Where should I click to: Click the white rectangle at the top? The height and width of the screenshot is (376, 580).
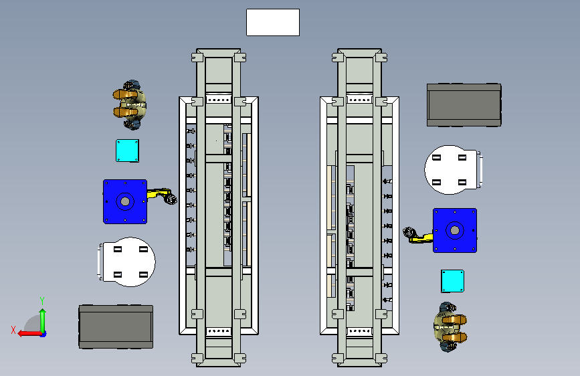273,23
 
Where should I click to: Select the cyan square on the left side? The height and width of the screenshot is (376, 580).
127,151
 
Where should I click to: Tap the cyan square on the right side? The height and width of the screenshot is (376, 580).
452,281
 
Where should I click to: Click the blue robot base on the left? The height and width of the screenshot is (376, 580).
125,201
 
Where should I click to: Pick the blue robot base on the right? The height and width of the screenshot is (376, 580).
455,231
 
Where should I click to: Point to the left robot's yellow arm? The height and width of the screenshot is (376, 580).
159,194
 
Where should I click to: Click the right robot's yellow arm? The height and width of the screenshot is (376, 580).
421,238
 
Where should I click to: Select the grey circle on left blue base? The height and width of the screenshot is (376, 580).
125,201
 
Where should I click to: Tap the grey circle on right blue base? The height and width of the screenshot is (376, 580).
455,231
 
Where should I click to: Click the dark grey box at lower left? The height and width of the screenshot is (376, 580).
116,326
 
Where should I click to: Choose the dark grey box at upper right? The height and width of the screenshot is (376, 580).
464,105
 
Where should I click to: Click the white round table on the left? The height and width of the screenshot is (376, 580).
127,262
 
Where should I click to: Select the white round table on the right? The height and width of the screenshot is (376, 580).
453,170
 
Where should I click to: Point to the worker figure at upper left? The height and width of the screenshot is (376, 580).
130,105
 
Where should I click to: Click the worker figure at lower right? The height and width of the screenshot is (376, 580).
450,327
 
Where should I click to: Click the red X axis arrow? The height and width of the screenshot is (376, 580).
29,334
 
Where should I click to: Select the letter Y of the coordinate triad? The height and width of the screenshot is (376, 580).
42,300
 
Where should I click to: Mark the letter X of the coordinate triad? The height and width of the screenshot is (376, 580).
13,330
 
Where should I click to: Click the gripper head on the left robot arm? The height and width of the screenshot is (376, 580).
171,199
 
